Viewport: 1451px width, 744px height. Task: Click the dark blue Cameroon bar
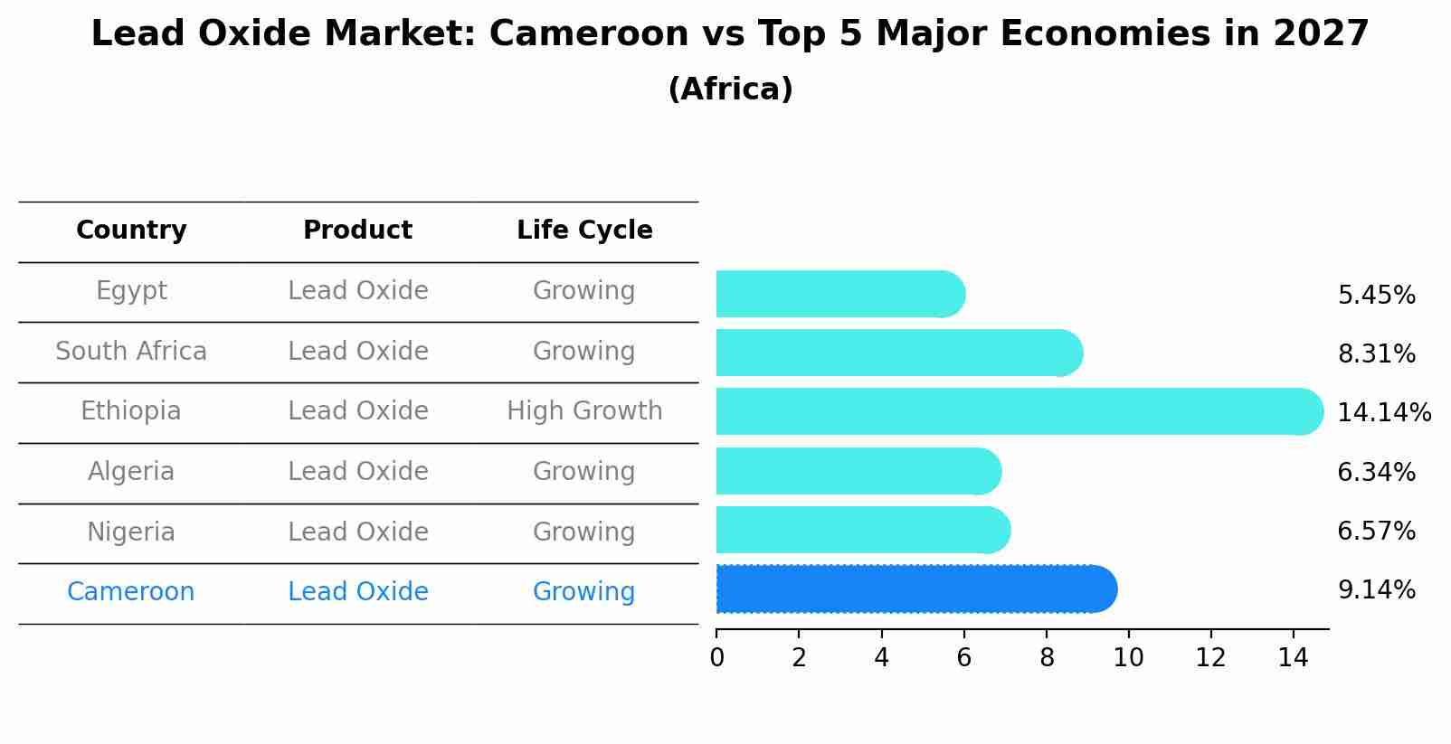click(x=914, y=589)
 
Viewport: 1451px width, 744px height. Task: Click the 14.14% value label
click(x=1383, y=413)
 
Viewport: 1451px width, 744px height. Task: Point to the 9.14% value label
click(x=1376, y=590)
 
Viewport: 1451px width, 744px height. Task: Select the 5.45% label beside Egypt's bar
click(x=1376, y=296)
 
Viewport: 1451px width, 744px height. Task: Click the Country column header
click(x=131, y=231)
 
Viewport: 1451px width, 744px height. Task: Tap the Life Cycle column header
click(x=584, y=231)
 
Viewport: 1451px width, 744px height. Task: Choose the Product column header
click(x=357, y=231)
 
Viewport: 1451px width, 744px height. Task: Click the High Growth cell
click(x=584, y=411)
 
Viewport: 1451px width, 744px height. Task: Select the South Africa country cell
click(x=131, y=352)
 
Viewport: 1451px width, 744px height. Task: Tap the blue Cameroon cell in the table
click(x=131, y=592)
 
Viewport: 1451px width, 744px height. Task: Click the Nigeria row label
click(x=131, y=532)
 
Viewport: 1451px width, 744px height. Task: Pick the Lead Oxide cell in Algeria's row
click(x=357, y=472)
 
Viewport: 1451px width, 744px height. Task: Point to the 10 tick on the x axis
click(x=1128, y=658)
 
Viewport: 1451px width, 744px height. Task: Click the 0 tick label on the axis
click(x=716, y=658)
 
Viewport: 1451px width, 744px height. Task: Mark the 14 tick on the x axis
click(x=1293, y=658)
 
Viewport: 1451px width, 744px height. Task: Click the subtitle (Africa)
click(x=730, y=89)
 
